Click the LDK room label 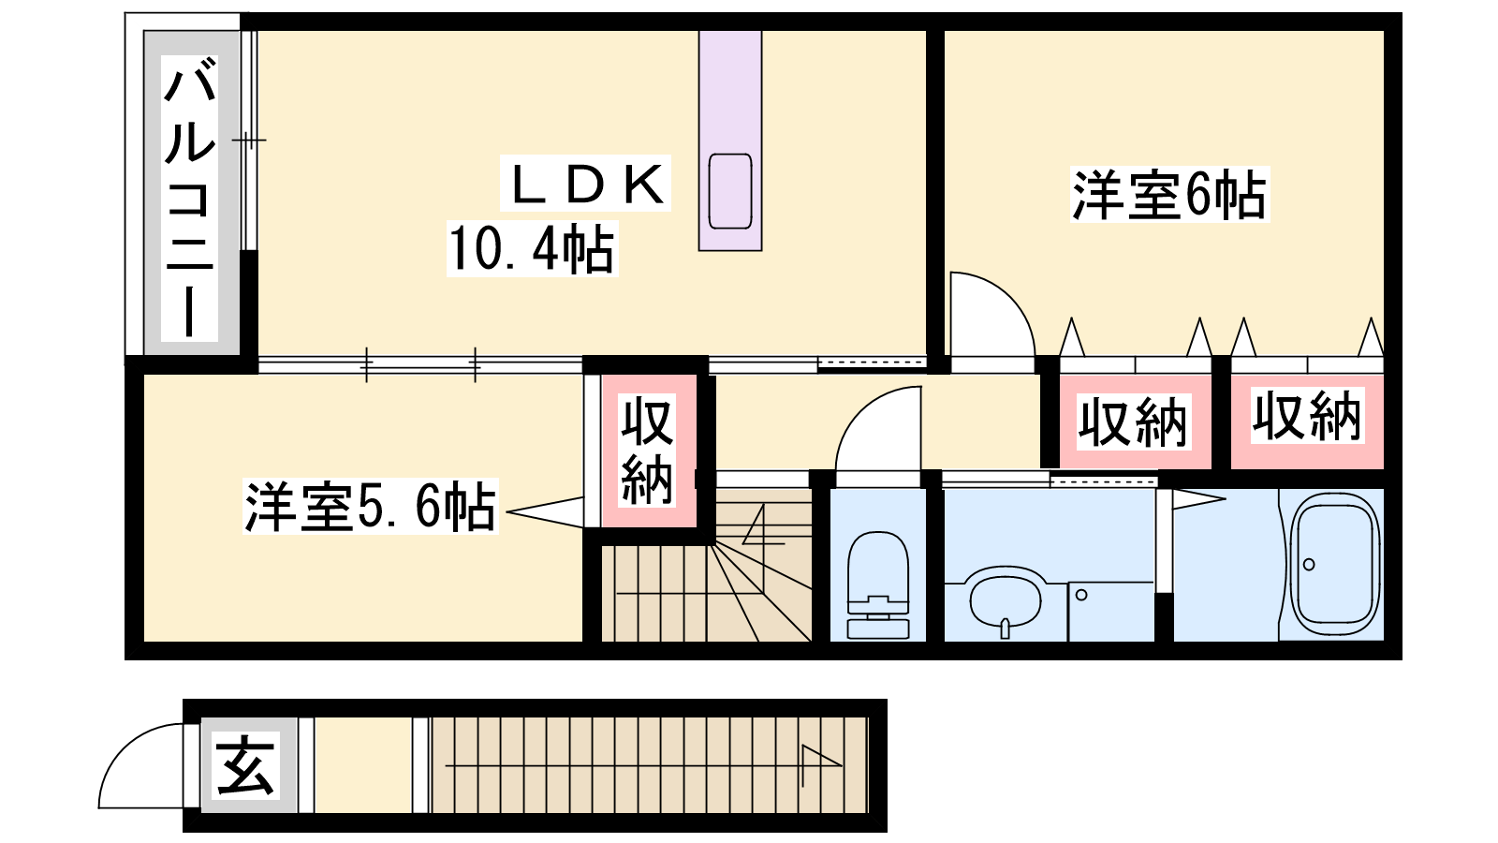pyautogui.click(x=586, y=184)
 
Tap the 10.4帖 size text pyautogui.click(x=533, y=249)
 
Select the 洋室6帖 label pyautogui.click(x=1169, y=195)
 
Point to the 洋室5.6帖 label pyautogui.click(x=371, y=506)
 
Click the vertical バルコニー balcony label pyautogui.click(x=190, y=198)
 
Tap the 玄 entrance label pyautogui.click(x=244, y=764)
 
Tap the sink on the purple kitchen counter pyautogui.click(x=730, y=191)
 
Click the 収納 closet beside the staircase pyautogui.click(x=647, y=451)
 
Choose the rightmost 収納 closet pyautogui.click(x=1307, y=421)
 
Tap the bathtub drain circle pyautogui.click(x=1309, y=564)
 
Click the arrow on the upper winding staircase pyautogui.click(x=762, y=525)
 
